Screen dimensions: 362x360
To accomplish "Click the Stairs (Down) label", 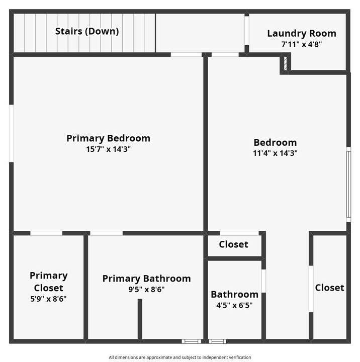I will [x=87, y=31].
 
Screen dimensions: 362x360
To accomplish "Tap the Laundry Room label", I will [x=301, y=34].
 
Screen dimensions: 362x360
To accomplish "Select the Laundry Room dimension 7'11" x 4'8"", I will [x=301, y=44].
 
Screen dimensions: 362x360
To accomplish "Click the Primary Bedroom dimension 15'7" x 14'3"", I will [x=109, y=149].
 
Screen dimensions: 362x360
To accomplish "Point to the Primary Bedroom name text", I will [x=109, y=138].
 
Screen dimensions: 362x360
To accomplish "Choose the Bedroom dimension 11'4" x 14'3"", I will [x=275, y=153].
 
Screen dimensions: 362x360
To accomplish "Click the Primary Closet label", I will [x=48, y=282].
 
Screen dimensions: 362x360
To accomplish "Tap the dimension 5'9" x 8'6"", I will [x=48, y=299].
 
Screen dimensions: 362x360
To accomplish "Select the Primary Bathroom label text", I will [x=146, y=279].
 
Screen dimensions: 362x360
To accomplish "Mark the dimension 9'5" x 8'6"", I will [x=146, y=290].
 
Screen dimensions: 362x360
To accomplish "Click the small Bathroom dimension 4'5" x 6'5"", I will [x=234, y=305].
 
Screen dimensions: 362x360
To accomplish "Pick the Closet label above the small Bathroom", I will [x=233, y=244].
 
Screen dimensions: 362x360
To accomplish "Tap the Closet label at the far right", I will [x=329, y=288].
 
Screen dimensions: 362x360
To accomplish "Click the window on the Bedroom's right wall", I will [x=348, y=184].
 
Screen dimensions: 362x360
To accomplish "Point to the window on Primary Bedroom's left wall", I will [x=11, y=133].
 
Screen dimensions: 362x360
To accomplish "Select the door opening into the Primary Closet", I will [x=46, y=233].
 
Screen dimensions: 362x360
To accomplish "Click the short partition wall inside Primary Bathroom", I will [x=140, y=319].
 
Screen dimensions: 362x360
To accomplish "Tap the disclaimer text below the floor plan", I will [x=179, y=357].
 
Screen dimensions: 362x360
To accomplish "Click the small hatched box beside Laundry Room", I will [x=285, y=64].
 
